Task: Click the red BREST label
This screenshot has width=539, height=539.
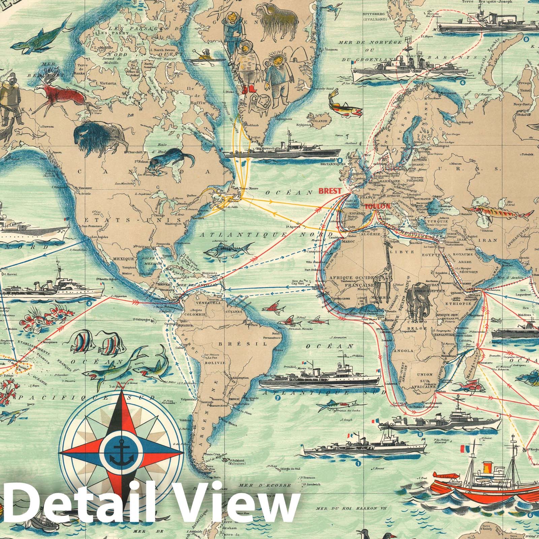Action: click(330, 191)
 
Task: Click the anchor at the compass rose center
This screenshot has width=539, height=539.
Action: click(121, 452)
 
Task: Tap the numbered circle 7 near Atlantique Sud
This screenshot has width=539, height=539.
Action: click(278, 398)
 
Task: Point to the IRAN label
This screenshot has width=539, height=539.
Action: click(490, 240)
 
